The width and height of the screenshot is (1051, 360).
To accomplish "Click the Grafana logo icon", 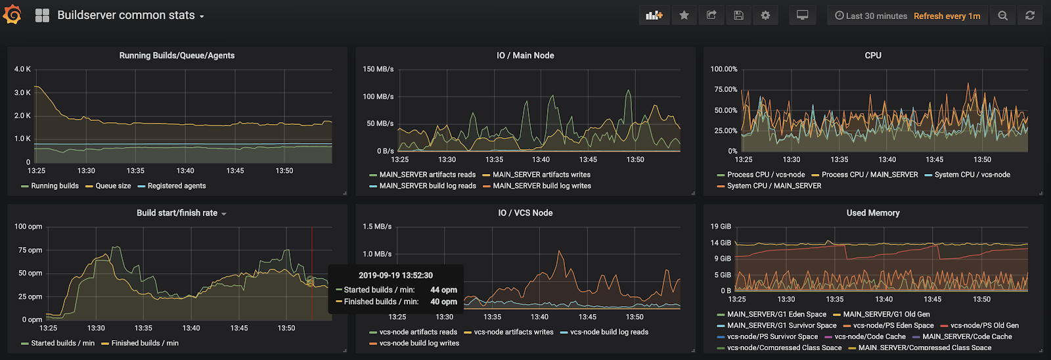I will [12, 14].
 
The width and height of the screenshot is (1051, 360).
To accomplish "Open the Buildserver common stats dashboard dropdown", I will [130, 15].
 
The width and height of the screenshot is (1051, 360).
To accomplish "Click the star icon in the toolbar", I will [684, 15].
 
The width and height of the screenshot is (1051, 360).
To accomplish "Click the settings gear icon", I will [765, 15].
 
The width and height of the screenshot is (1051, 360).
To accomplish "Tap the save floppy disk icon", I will [738, 15].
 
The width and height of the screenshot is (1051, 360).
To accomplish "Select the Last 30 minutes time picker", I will [871, 16].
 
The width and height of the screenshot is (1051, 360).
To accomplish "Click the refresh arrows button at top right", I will [1029, 15].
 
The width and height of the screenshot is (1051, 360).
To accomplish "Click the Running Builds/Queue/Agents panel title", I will [177, 56].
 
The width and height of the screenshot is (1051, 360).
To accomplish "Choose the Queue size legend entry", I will [113, 186].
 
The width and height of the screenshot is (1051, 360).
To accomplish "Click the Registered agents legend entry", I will [176, 186].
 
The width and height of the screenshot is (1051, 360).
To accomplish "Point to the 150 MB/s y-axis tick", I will [378, 69].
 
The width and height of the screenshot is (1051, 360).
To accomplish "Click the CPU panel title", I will [873, 56].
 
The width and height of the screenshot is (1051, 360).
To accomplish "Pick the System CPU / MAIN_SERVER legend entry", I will [774, 186].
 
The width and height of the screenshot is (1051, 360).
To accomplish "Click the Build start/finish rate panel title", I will [177, 213].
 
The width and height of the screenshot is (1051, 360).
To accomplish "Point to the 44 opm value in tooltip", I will [443, 290].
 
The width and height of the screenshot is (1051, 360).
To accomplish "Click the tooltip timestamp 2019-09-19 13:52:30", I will [395, 275].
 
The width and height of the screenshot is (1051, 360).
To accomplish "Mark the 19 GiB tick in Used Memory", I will [721, 227].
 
